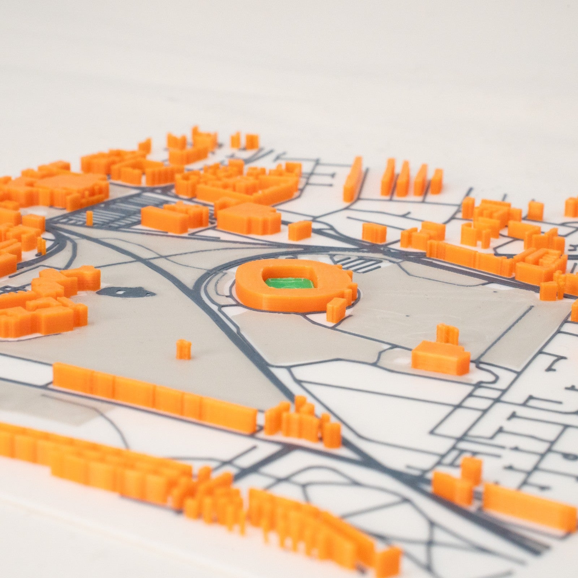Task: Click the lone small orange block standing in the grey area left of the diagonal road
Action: (184, 349)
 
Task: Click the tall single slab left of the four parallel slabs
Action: (353, 179)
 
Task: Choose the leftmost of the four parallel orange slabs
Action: (388, 177)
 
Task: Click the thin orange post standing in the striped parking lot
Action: (89, 218)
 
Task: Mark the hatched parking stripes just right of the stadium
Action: (358, 264)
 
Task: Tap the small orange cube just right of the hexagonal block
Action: (299, 230)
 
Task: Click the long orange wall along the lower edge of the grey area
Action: (155, 396)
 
